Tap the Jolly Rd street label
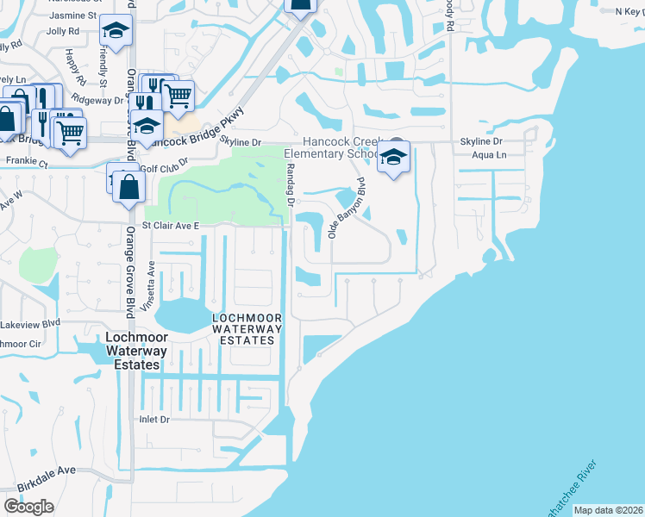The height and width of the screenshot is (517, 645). coord(62,30)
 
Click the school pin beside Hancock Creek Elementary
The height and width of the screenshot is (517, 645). coord(394,159)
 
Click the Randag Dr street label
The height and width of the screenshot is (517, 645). coord(289,185)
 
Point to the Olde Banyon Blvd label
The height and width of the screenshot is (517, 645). coord(348,208)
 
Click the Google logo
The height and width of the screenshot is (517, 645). coord(29,507)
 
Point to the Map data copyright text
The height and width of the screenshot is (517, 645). coord(608,510)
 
